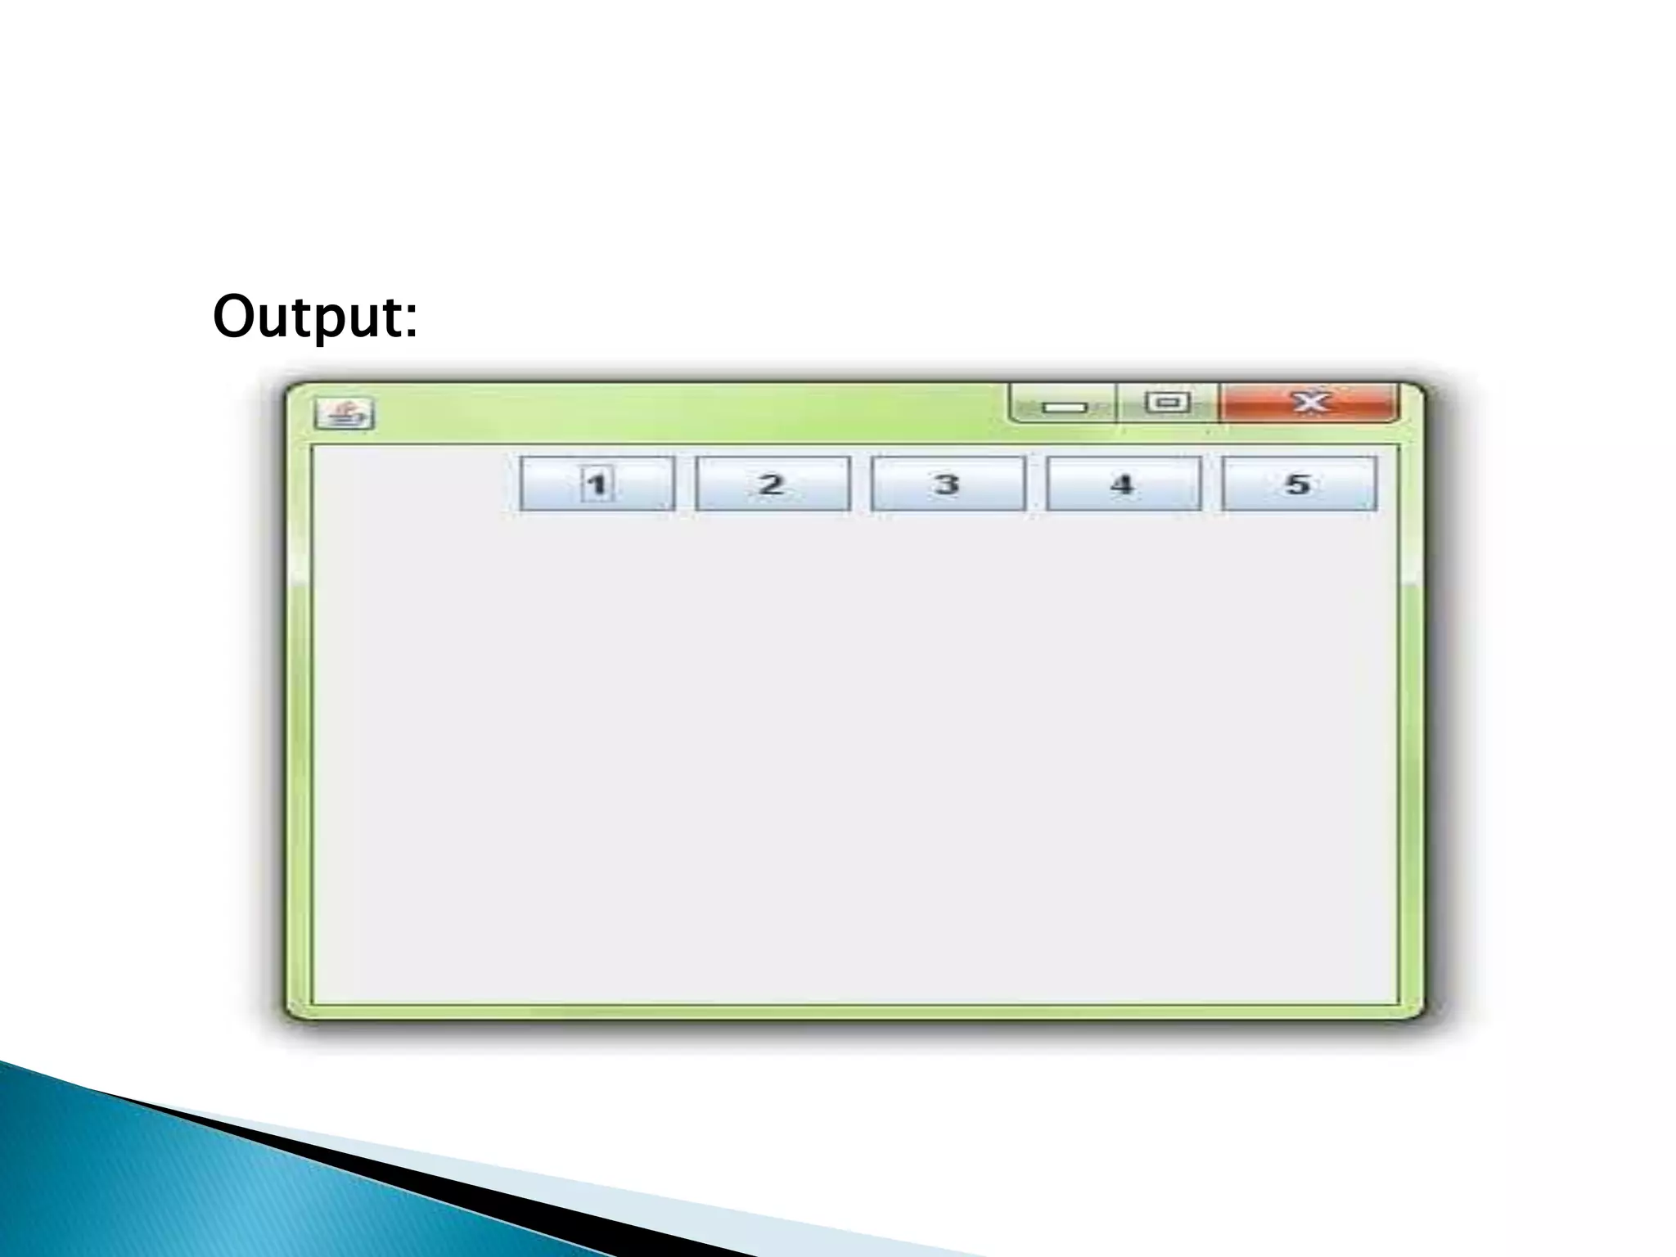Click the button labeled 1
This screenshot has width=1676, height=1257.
597,484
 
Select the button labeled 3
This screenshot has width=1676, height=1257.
948,484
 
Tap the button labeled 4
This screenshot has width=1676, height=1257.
1124,484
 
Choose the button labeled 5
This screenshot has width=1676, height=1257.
1299,484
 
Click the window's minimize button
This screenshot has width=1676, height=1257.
1064,404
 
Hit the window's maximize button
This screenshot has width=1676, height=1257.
1167,403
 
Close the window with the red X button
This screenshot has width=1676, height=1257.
1309,403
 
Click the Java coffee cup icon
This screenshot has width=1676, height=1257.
345,414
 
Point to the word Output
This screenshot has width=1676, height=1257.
314,316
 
